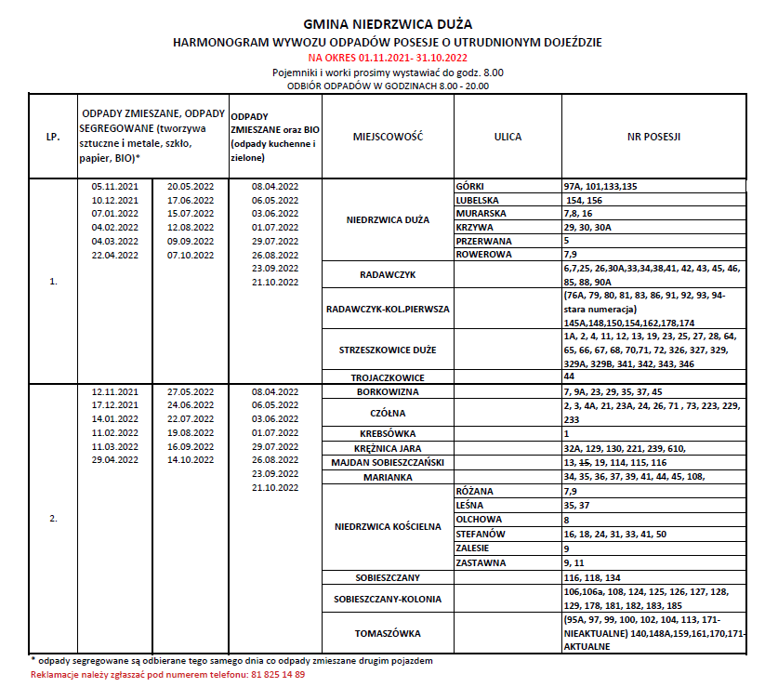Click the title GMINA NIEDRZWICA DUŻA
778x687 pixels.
388,25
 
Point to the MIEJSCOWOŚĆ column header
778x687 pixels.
388,137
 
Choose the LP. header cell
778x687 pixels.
53,137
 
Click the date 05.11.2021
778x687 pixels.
114,187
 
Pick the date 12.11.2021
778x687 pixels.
114,391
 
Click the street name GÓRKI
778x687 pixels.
471,186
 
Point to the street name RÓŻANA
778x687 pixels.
474,491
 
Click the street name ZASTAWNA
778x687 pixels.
480,563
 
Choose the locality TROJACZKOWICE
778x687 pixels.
388,377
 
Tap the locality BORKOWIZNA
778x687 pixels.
388,392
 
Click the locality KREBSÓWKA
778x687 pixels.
388,434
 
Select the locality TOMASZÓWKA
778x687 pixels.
388,634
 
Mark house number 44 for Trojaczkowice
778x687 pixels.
569,377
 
